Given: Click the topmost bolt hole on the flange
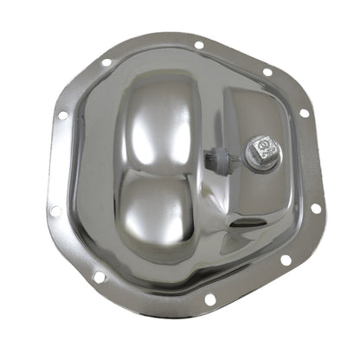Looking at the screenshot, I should [199, 45].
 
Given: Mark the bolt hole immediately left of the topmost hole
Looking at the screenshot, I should [106, 62].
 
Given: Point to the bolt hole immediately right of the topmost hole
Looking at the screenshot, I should [267, 72].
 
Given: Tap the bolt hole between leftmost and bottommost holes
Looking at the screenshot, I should [99, 277].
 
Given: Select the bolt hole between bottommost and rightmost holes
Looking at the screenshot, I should [286, 259].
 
